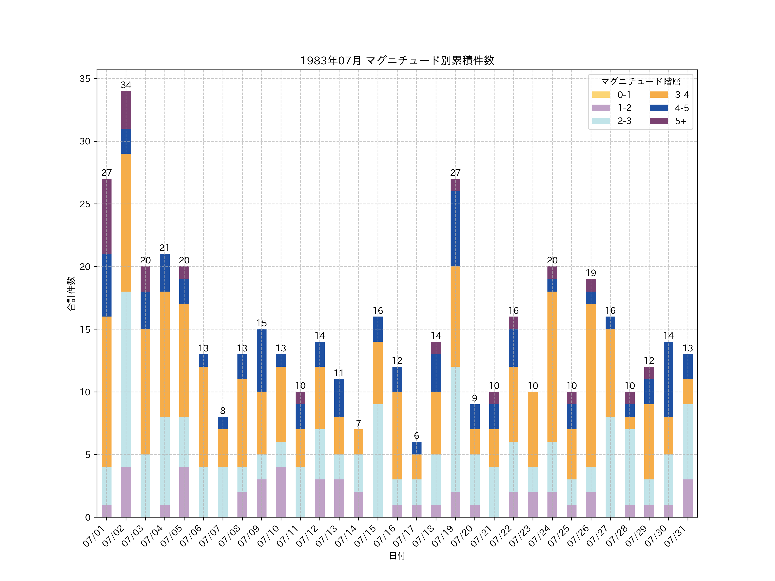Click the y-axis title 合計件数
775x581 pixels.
point(71,294)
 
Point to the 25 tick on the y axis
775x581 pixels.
point(85,204)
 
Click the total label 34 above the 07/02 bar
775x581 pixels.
point(126,85)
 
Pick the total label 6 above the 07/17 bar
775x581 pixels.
point(417,436)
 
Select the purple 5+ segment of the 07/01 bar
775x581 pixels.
point(107,216)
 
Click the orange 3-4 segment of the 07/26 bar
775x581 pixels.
point(591,385)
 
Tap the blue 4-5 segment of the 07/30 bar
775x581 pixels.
point(668,379)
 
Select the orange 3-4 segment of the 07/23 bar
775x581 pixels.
point(533,429)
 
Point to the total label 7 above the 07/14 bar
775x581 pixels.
point(358,423)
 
